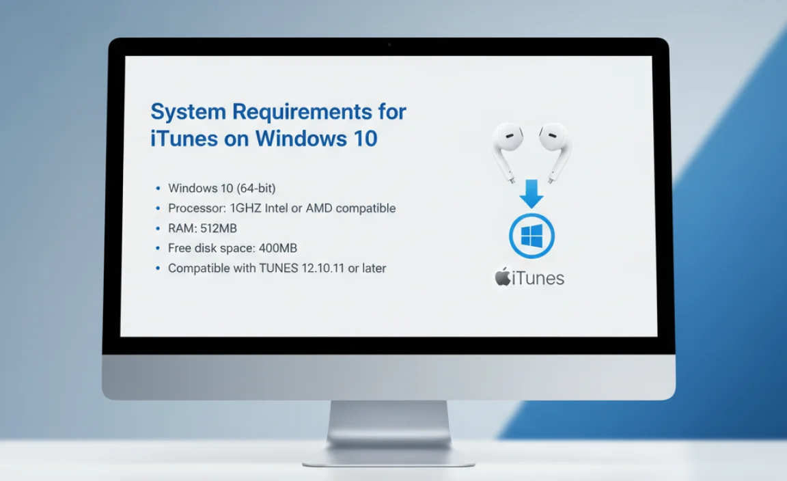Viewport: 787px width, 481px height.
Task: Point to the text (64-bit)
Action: (x=253, y=188)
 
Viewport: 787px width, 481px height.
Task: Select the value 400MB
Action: (x=278, y=248)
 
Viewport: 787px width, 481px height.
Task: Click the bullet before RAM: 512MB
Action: (x=158, y=228)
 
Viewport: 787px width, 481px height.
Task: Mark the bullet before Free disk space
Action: (x=158, y=248)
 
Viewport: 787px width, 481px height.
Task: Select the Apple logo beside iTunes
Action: (x=503, y=277)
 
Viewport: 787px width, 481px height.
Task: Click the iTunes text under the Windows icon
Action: (x=539, y=278)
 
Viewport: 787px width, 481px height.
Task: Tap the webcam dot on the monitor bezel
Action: (x=389, y=45)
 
